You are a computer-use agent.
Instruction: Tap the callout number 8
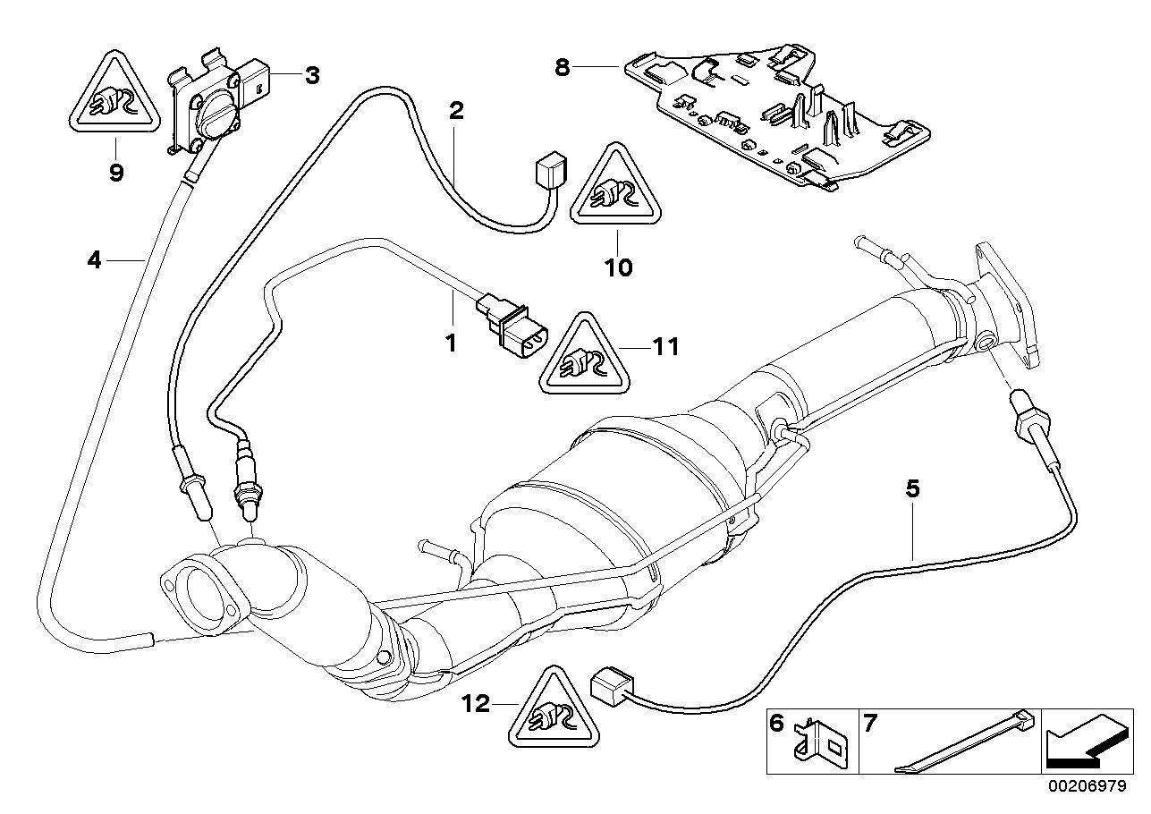pos(562,68)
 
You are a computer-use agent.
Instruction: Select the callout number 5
pos(912,488)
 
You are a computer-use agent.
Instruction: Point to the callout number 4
pos(94,259)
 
